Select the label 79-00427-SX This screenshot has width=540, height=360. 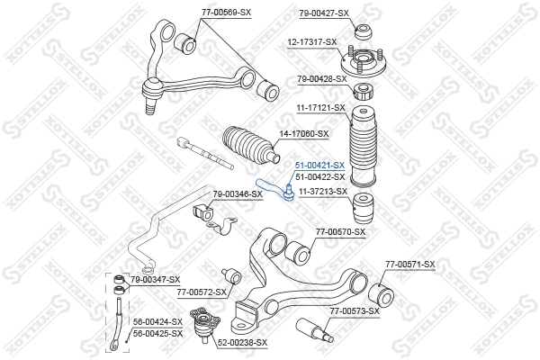[323, 13]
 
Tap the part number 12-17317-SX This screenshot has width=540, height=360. [312, 41]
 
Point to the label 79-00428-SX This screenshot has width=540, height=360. [322, 79]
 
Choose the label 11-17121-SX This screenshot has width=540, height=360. [321, 108]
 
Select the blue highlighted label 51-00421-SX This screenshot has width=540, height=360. [320, 166]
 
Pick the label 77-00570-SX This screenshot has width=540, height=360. [340, 232]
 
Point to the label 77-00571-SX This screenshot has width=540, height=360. [409, 264]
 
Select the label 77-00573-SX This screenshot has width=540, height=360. [354, 311]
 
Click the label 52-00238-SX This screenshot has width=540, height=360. [243, 342]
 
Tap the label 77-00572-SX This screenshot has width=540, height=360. [202, 292]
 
